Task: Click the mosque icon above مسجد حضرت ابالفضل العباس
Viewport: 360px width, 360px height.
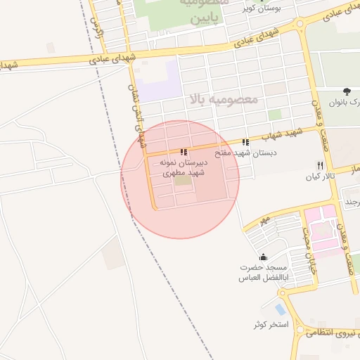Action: click(263, 257)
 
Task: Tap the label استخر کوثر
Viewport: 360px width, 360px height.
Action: click(271, 325)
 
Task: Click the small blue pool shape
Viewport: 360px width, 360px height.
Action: click(281, 309)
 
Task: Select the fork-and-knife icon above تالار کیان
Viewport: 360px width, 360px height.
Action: click(320, 165)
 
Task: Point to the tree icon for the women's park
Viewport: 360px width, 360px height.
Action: click(347, 91)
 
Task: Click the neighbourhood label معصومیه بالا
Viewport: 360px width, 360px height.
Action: click(224, 100)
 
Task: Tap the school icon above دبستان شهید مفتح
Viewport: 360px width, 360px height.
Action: click(245, 142)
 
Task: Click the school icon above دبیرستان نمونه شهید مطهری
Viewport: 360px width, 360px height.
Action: click(184, 151)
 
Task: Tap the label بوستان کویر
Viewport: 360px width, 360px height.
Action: click(261, 9)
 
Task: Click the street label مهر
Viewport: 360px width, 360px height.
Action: click(264, 220)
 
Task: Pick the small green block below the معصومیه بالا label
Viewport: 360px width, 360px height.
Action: click(274, 115)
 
